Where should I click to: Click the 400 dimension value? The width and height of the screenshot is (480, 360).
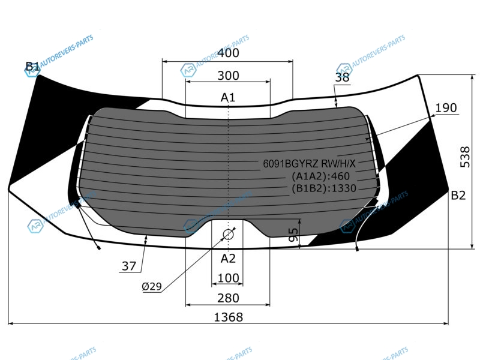[x=228, y=53]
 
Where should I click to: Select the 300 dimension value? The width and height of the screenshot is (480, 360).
[x=228, y=76]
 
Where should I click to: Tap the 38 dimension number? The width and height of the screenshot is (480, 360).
[x=342, y=77]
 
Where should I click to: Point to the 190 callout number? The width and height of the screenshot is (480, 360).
[x=446, y=108]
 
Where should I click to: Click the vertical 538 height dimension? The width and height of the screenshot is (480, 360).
[x=465, y=157]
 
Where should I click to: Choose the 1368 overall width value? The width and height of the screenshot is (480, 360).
[x=229, y=317]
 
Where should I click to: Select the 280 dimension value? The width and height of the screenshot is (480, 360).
[x=228, y=298]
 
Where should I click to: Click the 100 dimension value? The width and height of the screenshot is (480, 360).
[x=228, y=278]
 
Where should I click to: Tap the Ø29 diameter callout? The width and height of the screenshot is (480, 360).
[x=152, y=287]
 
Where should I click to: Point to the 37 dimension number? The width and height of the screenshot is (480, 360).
[x=129, y=266]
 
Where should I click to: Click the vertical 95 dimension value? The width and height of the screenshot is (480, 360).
[x=293, y=235]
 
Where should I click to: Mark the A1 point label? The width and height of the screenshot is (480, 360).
[x=228, y=98]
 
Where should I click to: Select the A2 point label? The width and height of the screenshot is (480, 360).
[x=228, y=259]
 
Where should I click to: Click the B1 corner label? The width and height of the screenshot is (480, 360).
[x=32, y=67]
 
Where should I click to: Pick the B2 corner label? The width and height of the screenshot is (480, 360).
[x=458, y=196]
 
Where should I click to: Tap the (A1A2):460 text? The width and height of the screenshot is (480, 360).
[x=320, y=176]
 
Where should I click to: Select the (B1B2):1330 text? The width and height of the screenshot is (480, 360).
[x=324, y=188]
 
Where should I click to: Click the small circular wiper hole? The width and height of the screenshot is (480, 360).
[x=228, y=235]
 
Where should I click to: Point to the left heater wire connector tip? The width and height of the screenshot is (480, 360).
[x=99, y=248]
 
